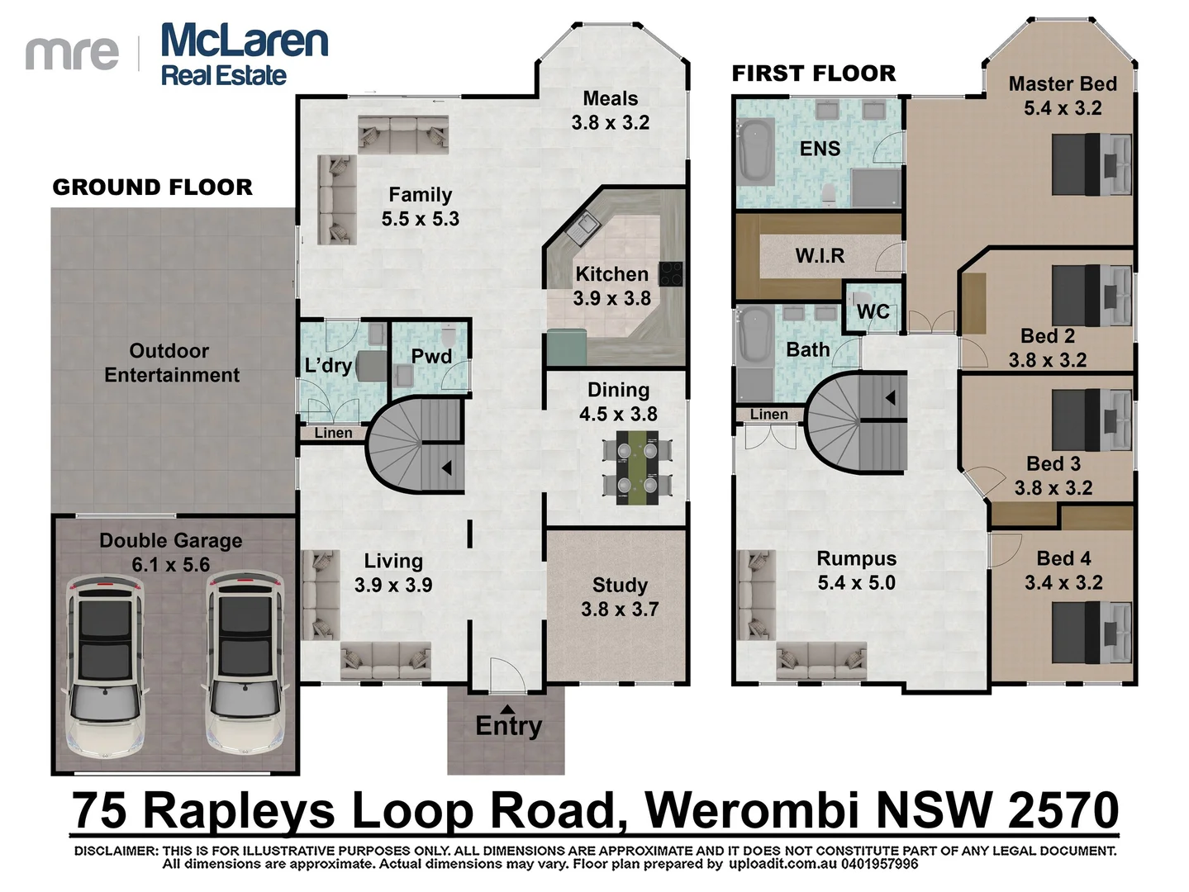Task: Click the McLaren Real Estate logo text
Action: point(245,55)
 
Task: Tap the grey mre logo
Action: point(72,55)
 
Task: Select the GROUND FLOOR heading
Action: point(152,187)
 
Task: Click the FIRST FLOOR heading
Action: point(814,74)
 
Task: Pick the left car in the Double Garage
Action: point(106,667)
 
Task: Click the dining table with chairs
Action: point(638,467)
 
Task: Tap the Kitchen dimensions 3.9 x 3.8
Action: point(612,298)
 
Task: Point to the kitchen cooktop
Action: point(671,274)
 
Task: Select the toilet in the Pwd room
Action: point(449,337)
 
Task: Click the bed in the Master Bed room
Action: point(1092,164)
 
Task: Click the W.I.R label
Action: point(820,255)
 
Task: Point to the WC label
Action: point(873,311)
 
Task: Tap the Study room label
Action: point(620,585)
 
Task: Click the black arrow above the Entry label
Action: point(507,709)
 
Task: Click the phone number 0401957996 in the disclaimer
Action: point(880,864)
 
